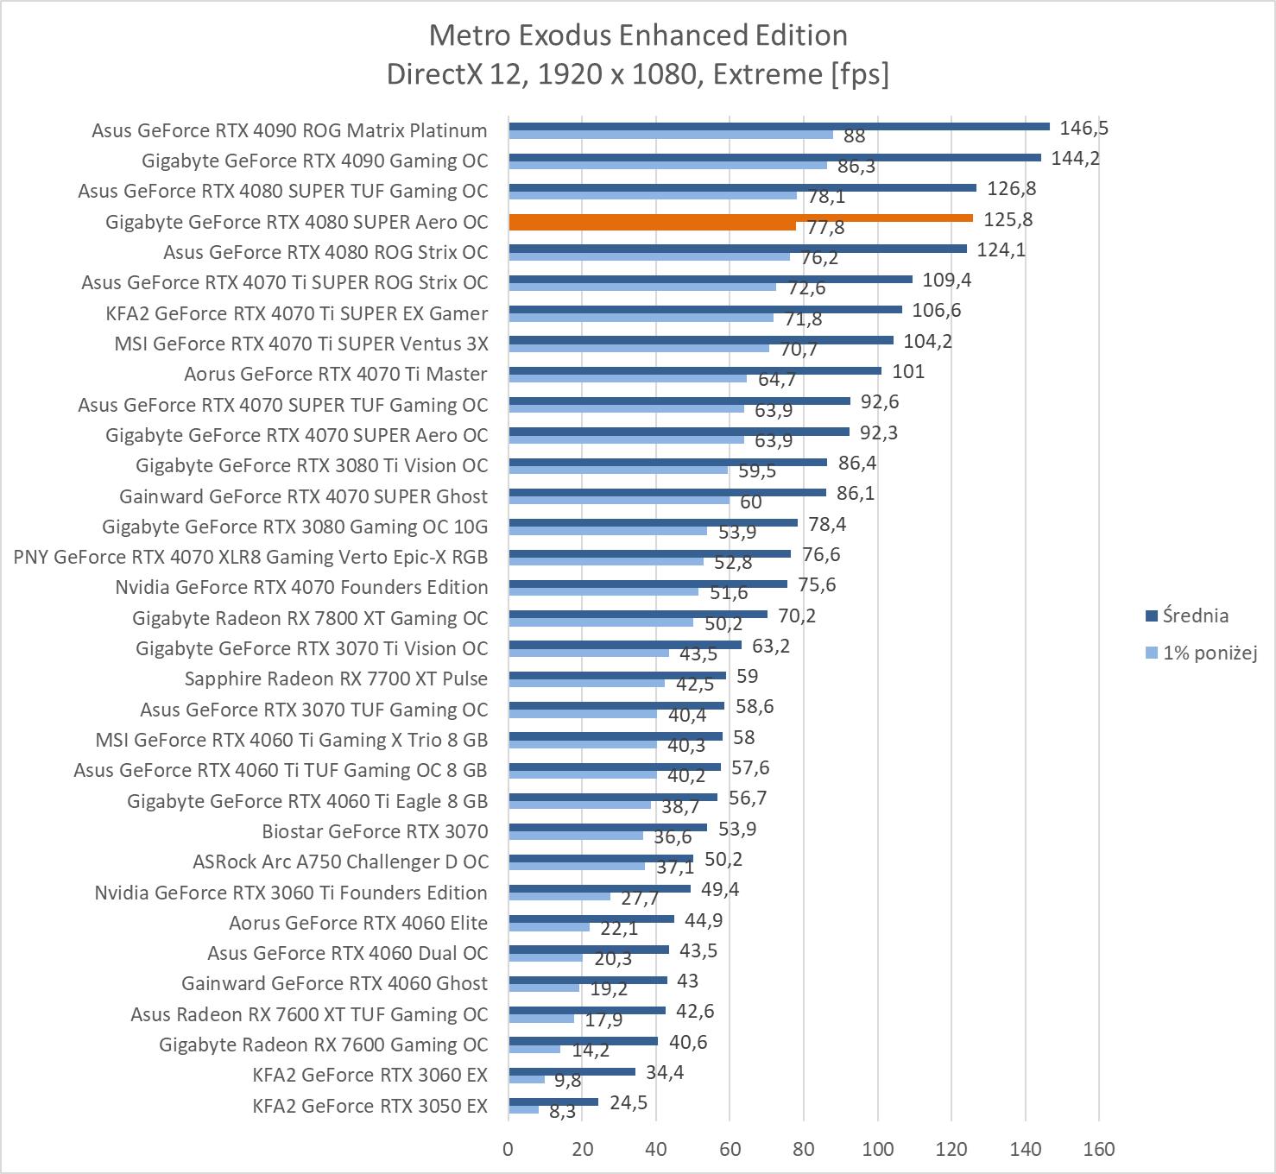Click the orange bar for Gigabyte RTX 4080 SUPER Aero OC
pyautogui.click(x=740, y=218)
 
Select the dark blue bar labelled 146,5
pyautogui.click(x=779, y=126)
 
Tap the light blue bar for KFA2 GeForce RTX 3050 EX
pyautogui.click(x=523, y=1110)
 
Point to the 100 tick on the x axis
pyautogui.click(x=878, y=1149)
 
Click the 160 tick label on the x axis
pyautogui.click(x=1099, y=1149)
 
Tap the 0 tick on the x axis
pyautogui.click(x=509, y=1149)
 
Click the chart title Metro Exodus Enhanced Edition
pyautogui.click(x=638, y=35)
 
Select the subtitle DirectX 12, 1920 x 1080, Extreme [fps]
pyautogui.click(x=638, y=74)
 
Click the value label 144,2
pyautogui.click(x=1075, y=158)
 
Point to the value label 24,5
pyautogui.click(x=628, y=1103)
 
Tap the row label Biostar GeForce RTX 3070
pyautogui.click(x=375, y=831)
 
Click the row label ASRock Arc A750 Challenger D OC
pyautogui.click(x=340, y=862)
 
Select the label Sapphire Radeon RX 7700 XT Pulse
pyautogui.click(x=336, y=679)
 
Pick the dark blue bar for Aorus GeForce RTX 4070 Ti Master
pyautogui.click(x=695, y=371)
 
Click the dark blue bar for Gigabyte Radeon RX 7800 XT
pyautogui.click(x=638, y=615)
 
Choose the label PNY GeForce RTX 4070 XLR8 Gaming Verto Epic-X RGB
pyautogui.click(x=250, y=557)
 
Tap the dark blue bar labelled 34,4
pyautogui.click(x=572, y=1072)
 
